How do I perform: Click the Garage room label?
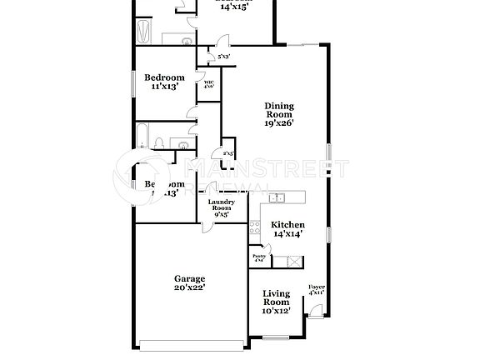click(x=190, y=283)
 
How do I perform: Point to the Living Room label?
click(x=276, y=297)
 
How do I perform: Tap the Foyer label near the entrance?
click(x=316, y=289)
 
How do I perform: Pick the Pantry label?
click(x=259, y=259)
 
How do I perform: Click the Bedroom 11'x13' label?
click(x=162, y=82)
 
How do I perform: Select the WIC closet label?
click(x=208, y=83)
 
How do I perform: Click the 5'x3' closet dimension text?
click(x=223, y=57)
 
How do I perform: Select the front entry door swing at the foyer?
click(x=314, y=311)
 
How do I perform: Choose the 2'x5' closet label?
click(x=227, y=153)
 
